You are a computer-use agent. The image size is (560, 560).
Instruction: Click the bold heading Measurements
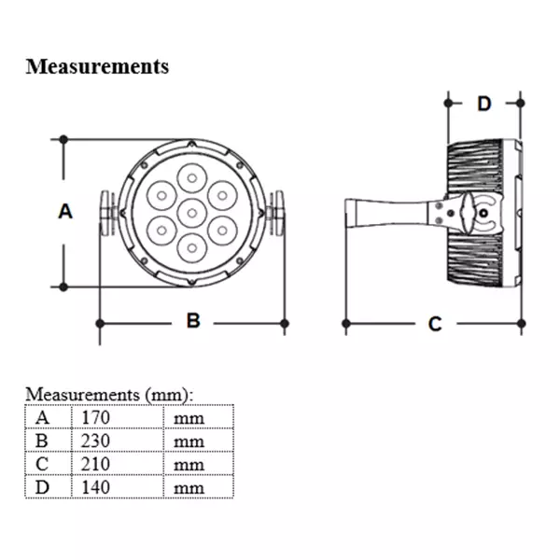98,66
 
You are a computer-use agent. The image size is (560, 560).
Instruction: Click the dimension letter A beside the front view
64,212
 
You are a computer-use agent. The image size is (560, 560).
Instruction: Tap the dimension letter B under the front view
193,321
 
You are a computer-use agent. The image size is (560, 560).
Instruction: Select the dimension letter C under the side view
434,324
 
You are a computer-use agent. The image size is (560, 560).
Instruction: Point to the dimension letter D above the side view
483,103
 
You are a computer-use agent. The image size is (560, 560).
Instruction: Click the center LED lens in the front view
191,211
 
